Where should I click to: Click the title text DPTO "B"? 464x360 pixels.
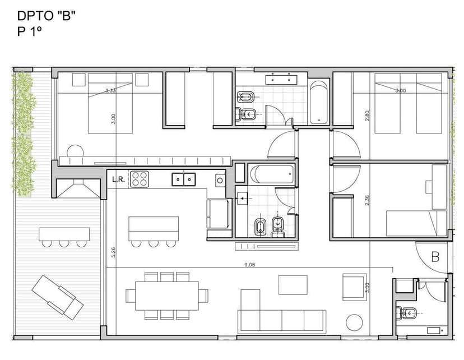[47, 16]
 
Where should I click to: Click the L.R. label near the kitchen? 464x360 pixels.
[118, 179]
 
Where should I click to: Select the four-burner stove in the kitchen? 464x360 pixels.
[140, 179]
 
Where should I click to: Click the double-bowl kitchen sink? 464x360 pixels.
[183, 179]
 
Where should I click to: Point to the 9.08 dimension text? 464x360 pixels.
[249, 265]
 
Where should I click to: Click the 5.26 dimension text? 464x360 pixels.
[114, 252]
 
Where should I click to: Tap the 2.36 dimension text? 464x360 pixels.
[367, 200]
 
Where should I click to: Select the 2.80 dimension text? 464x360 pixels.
[367, 116]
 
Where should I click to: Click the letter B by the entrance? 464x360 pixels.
[435, 257]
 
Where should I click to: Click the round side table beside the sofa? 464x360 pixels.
[354, 322]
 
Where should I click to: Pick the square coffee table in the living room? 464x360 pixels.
[293, 285]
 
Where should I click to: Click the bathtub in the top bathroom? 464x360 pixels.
[319, 102]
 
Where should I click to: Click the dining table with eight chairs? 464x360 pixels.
[166, 295]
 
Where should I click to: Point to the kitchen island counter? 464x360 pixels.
[154, 228]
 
